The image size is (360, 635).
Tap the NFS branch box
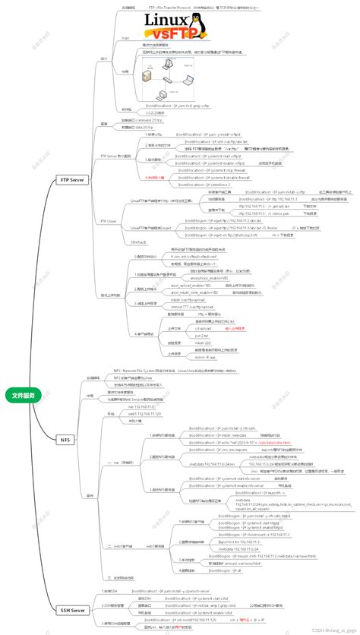pyautogui.click(x=65, y=439)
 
